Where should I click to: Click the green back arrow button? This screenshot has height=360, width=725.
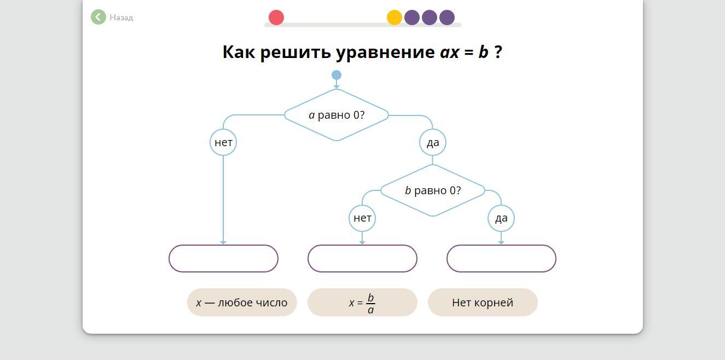coord(98,17)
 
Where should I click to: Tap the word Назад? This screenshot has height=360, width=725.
coord(121,18)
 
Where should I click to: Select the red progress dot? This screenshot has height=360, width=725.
coord(276,18)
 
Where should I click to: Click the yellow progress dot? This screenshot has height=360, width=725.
coord(394,18)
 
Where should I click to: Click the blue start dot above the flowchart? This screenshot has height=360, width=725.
coord(337,75)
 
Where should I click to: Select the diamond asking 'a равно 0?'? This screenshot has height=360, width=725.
coord(337,115)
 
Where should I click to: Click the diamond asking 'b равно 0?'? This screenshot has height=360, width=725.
coord(432,190)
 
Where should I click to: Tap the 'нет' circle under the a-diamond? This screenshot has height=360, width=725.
coord(223,142)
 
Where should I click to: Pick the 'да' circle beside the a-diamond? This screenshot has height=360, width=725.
coord(433,142)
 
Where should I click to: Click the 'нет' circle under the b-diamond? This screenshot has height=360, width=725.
coord(362,218)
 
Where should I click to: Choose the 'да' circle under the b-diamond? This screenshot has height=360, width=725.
coord(501,218)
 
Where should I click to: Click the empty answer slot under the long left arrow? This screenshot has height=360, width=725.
coord(223,258)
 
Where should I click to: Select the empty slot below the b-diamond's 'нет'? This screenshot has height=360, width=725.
coord(362,258)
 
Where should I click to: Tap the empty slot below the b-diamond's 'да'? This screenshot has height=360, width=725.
coord(501,258)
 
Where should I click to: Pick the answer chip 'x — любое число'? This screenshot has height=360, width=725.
coord(242,303)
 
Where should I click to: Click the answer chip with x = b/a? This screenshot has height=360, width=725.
coord(362,303)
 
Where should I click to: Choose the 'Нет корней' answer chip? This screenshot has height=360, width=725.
coord(483,303)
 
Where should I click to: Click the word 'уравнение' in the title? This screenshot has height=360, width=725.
coord(385,52)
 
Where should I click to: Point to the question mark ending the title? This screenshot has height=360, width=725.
coord(498,52)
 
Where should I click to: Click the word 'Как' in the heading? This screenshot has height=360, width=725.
coord(239,52)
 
